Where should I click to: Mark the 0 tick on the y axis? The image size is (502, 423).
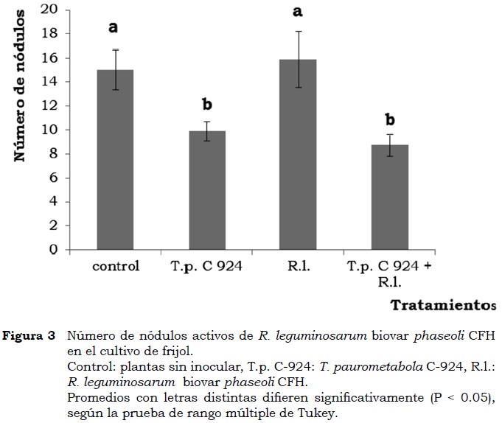pos(55,249)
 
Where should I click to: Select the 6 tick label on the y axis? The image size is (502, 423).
pos(55,178)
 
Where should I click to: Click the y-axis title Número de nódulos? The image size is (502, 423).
pos(21,86)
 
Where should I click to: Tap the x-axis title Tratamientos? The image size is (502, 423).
pos(443,304)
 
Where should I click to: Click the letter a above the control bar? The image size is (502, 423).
pos(114,27)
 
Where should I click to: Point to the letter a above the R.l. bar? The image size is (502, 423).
pos(298,12)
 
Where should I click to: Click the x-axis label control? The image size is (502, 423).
pos(116,266)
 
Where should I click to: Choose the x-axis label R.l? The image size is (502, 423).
pos(299,266)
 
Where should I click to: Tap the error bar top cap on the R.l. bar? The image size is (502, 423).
pos(299,32)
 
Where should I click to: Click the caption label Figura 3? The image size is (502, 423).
pos(29,337)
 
